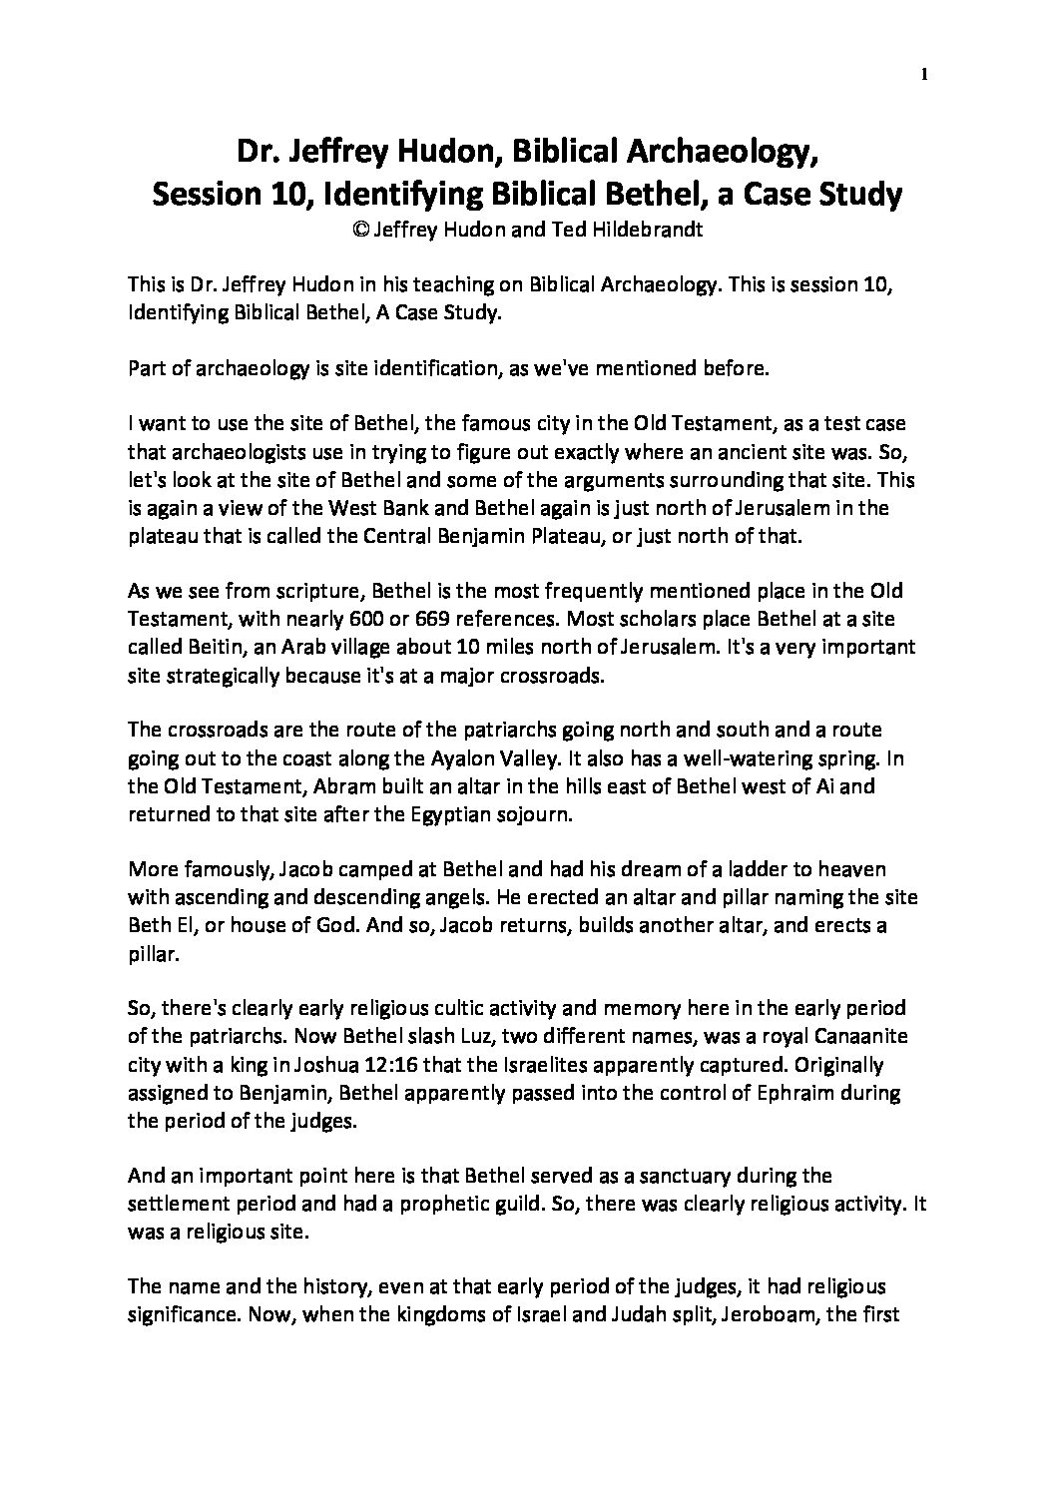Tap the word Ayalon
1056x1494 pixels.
(465, 757)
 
